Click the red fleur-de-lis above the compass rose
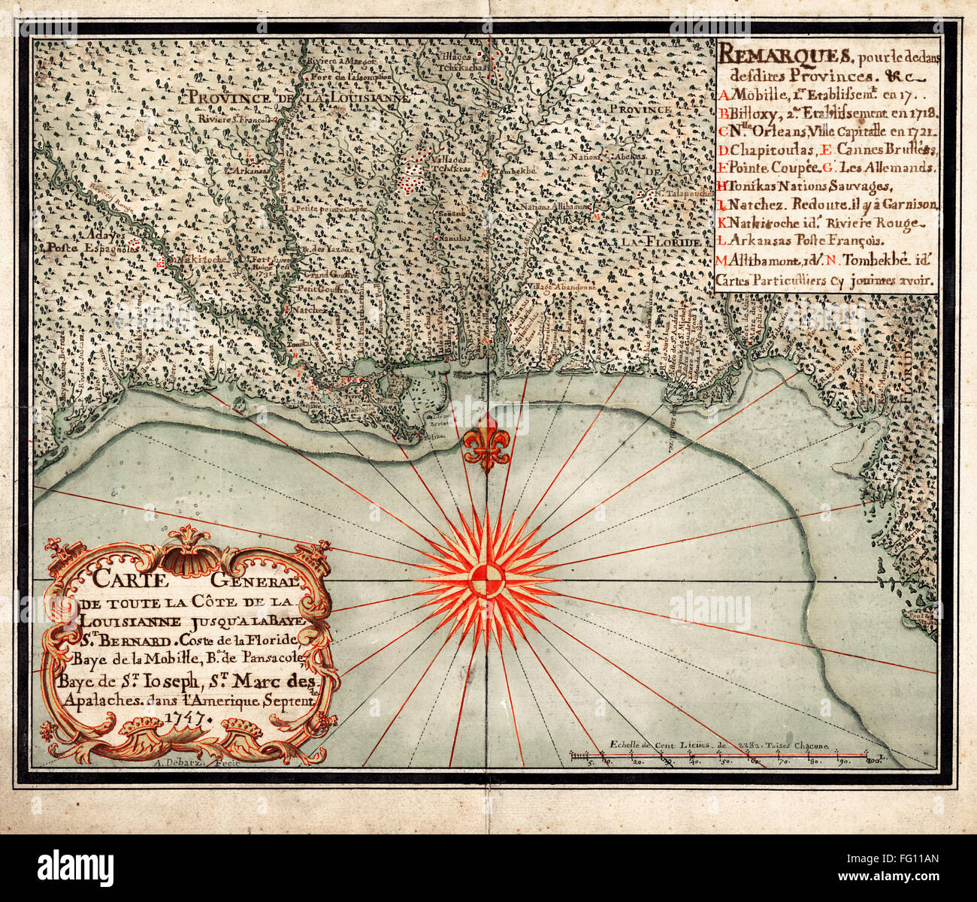point(486,443)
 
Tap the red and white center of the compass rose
point(486,580)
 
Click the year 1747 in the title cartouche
point(190,716)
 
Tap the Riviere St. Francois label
point(234,118)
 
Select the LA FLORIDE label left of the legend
point(662,243)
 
